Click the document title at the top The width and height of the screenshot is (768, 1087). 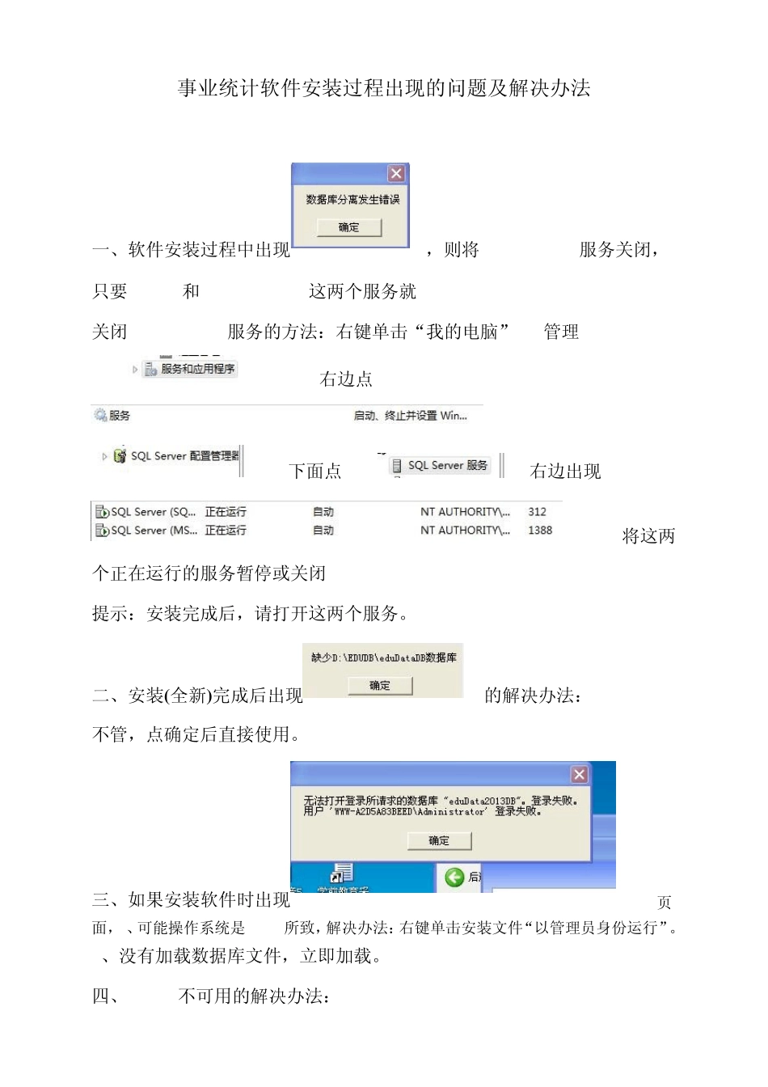click(x=384, y=88)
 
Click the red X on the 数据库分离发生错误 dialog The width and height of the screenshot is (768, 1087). click(x=396, y=174)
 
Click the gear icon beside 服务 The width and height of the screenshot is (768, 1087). click(x=100, y=415)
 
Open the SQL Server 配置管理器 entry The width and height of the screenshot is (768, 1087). click(x=184, y=456)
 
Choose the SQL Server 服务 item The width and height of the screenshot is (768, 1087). click(x=447, y=465)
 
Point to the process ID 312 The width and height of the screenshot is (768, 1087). click(x=537, y=512)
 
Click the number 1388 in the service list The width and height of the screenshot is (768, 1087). click(x=540, y=531)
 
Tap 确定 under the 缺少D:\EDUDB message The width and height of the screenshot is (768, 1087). click(x=380, y=686)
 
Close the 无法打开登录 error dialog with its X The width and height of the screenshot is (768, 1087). click(x=579, y=775)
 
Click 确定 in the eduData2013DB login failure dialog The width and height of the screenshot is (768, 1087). click(x=439, y=841)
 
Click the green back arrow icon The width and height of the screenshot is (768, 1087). click(x=454, y=877)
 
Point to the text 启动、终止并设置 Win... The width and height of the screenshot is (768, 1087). click(x=410, y=416)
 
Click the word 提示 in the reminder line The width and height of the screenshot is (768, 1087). click(x=110, y=614)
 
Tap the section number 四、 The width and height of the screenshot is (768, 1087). click(x=107, y=996)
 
